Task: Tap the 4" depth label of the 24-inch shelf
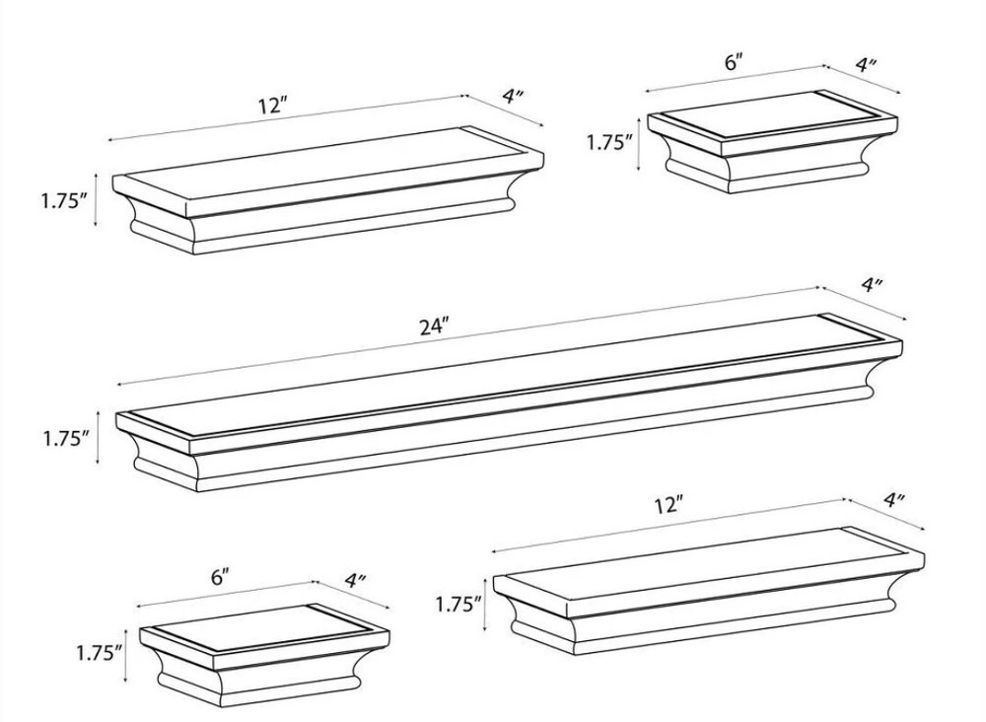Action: click(x=872, y=285)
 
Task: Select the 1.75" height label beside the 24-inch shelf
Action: click(x=66, y=439)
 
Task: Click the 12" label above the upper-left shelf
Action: click(x=271, y=106)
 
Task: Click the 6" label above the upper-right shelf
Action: click(x=733, y=62)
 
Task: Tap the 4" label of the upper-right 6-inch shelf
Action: click(x=867, y=65)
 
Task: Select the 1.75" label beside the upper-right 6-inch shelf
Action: click(x=609, y=142)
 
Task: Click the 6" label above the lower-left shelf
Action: click(x=220, y=577)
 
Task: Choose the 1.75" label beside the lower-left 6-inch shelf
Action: click(x=99, y=652)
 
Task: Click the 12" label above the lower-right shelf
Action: click(x=669, y=505)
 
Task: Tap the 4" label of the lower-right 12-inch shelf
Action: click(x=894, y=500)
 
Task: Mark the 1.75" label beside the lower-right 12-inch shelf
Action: click(x=459, y=604)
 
